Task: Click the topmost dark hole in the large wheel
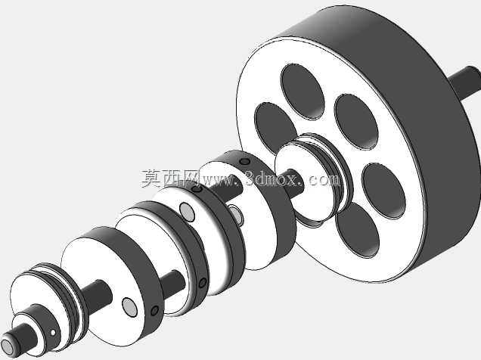coord(303,92)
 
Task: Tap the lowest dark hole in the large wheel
coord(358,230)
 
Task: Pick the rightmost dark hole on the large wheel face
coord(383,191)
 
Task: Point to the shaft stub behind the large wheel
coord(466,81)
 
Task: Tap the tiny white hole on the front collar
coord(53,333)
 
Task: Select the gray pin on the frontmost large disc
coord(129,307)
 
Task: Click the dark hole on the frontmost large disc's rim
coord(154,311)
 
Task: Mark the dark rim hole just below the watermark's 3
coord(244,162)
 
